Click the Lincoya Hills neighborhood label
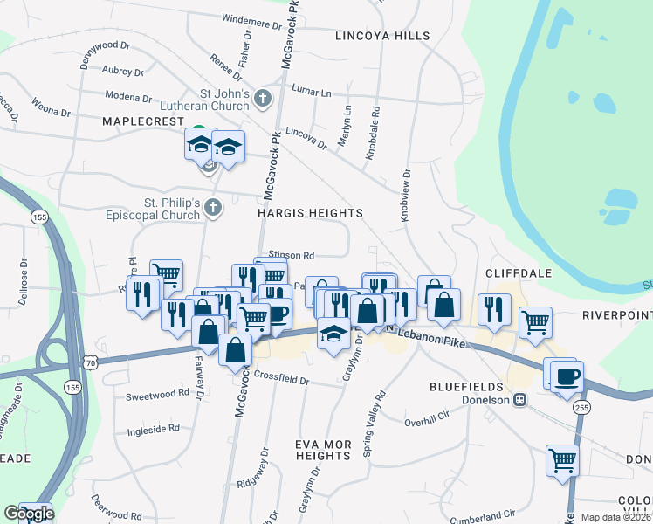(x=382, y=36)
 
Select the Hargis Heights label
(x=310, y=213)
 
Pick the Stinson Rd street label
(x=292, y=255)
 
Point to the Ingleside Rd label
(x=153, y=429)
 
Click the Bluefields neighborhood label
(x=466, y=386)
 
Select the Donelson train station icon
(x=520, y=400)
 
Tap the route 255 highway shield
(x=582, y=407)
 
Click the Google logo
(x=29, y=514)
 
